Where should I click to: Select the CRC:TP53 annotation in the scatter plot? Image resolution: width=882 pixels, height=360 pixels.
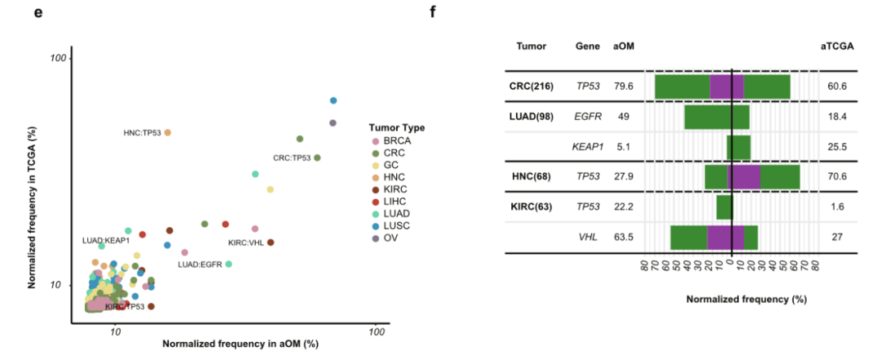pyautogui.click(x=292, y=158)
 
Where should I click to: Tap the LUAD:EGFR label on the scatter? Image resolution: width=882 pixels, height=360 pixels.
pyautogui.click(x=200, y=264)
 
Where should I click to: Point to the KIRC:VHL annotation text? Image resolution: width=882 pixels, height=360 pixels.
pyautogui.click(x=246, y=242)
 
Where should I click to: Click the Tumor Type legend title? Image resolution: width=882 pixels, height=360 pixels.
pyautogui.click(x=396, y=127)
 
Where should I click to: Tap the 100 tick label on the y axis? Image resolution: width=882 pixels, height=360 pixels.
pyautogui.click(x=57, y=58)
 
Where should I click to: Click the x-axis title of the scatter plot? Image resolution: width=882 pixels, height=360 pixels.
pyautogui.click(x=240, y=344)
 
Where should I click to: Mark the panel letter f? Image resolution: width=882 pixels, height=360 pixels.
pyautogui.click(x=433, y=12)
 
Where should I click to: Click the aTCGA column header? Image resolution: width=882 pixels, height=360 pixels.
pyautogui.click(x=837, y=47)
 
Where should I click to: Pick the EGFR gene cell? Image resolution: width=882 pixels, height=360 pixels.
pyautogui.click(x=588, y=117)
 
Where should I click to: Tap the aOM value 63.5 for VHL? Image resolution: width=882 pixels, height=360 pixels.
pyautogui.click(x=624, y=238)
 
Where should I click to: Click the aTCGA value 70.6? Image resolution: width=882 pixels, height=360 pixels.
pyautogui.click(x=837, y=176)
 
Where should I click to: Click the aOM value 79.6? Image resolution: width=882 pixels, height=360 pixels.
pyautogui.click(x=624, y=86)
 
